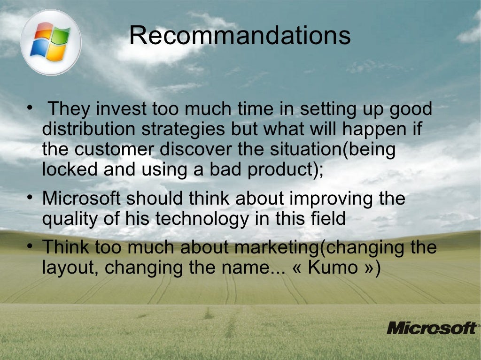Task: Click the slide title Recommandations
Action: point(240,36)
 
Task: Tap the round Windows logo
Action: point(51,42)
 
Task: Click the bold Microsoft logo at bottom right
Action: point(431,328)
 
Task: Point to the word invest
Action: point(121,109)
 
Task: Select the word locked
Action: point(70,169)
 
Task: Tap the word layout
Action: point(70,268)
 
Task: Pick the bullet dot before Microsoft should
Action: point(30,199)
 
